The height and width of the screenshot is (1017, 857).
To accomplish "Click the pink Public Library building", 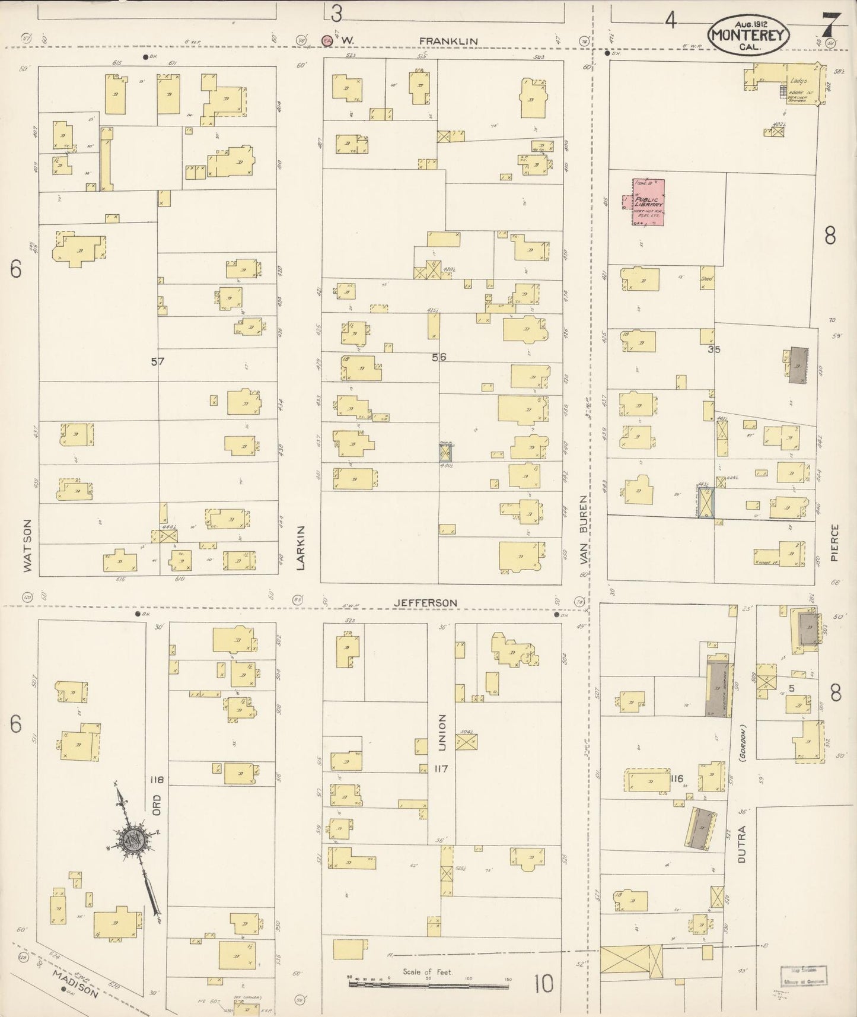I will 648,202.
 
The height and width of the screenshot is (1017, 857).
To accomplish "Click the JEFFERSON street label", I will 425,603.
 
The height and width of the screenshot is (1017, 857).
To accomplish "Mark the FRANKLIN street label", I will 448,40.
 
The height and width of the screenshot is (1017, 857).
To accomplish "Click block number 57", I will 157,361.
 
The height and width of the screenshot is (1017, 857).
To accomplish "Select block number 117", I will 441,769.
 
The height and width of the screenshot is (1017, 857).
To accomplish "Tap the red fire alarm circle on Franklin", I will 326,40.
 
